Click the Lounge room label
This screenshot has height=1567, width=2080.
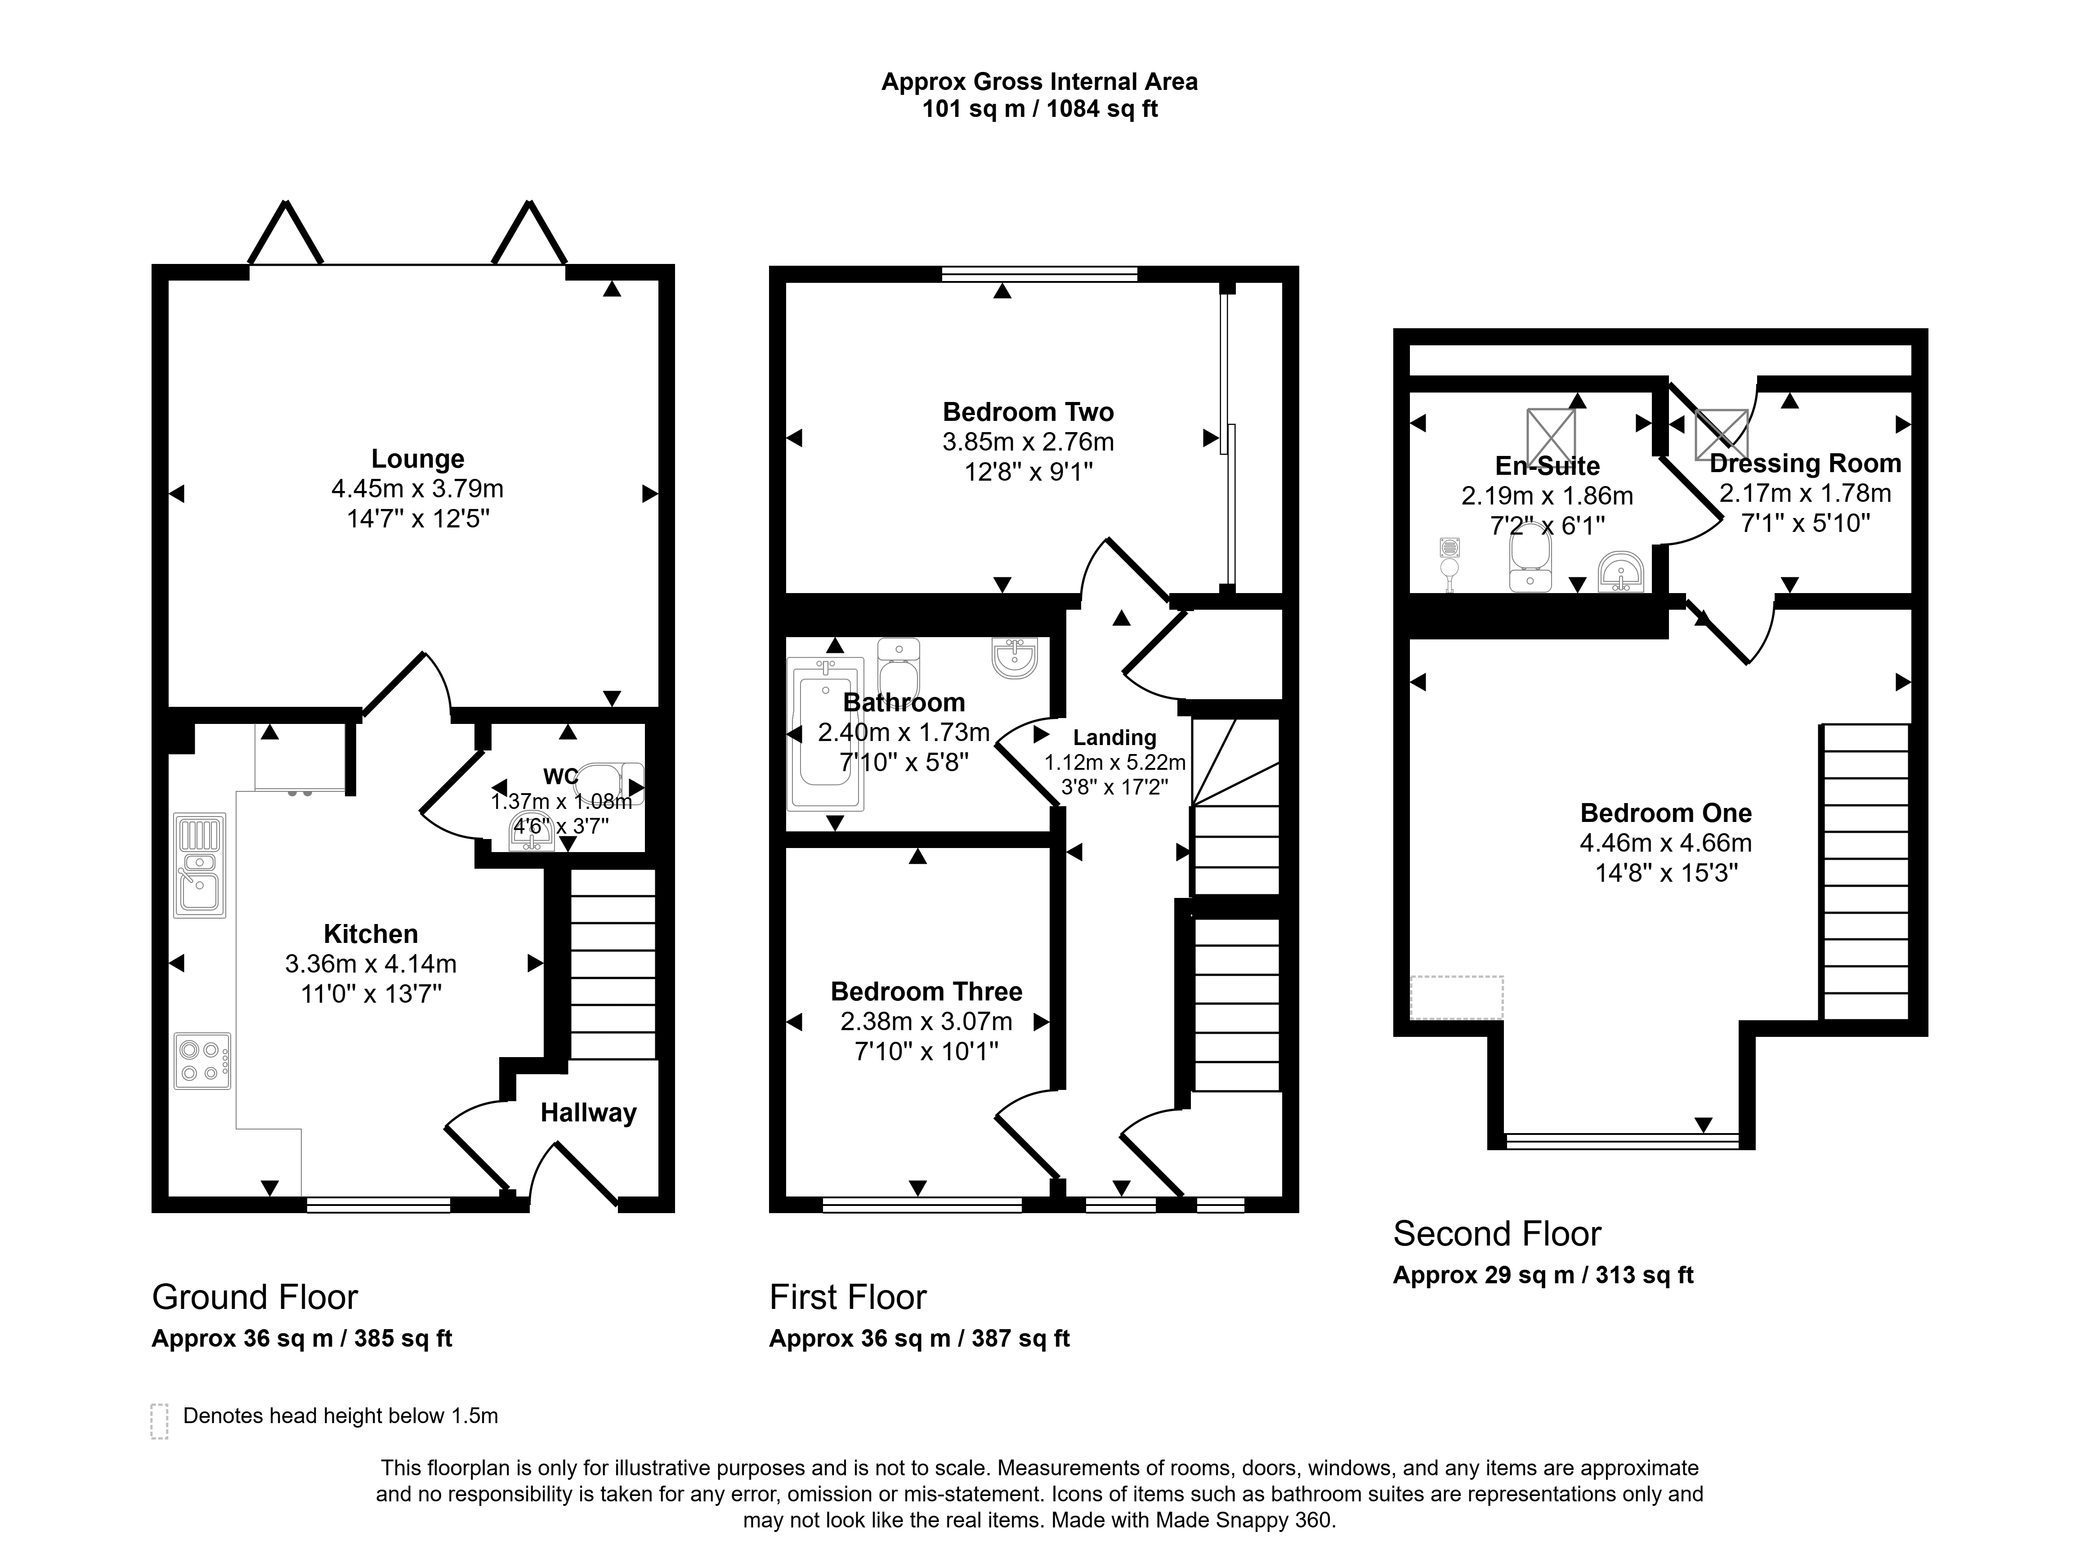click(x=417, y=459)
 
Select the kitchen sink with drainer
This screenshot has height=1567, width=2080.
click(x=199, y=865)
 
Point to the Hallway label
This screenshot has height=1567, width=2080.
click(x=589, y=1113)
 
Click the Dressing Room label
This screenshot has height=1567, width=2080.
click(x=1805, y=464)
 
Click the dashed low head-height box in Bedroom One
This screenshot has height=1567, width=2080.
click(x=1457, y=997)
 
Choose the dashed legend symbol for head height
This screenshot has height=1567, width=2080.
click(x=160, y=1421)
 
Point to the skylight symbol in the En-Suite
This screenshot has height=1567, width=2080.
click(x=1551, y=435)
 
